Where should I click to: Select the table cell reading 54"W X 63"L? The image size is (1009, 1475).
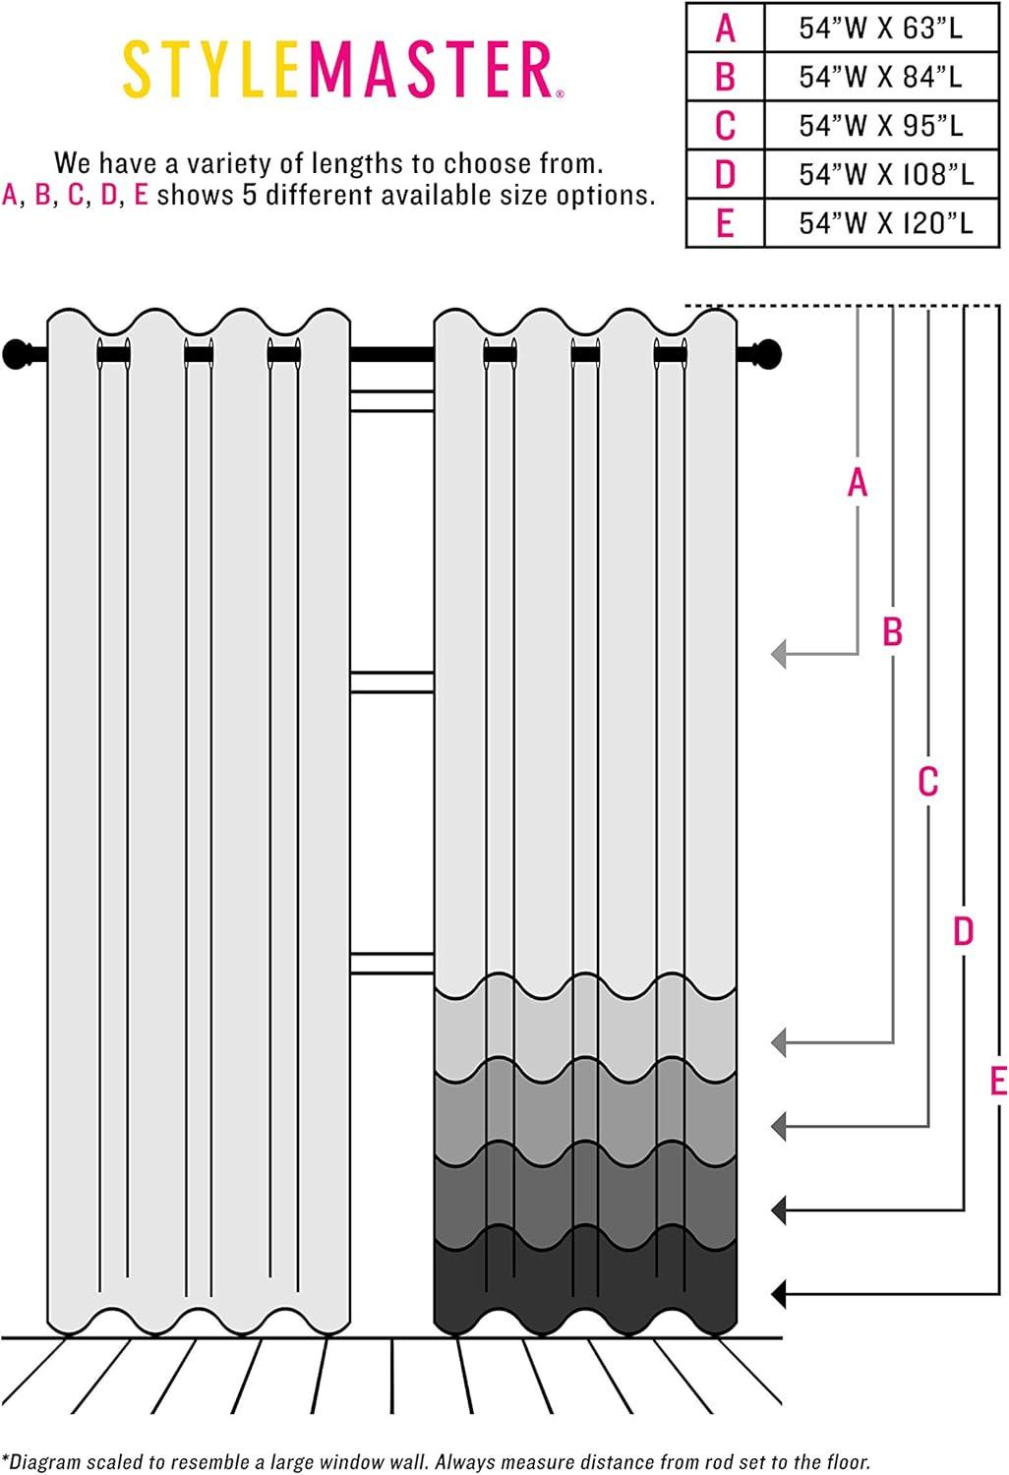point(880,28)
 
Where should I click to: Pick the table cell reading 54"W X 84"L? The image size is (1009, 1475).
point(880,77)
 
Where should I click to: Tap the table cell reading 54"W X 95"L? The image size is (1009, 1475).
point(880,126)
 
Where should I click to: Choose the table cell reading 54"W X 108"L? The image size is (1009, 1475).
point(885,174)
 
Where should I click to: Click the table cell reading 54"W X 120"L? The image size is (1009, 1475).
point(885,223)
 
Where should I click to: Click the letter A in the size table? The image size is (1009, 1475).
point(725,28)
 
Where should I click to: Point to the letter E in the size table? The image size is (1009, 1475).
point(725,223)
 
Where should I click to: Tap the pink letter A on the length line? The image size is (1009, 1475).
point(858,483)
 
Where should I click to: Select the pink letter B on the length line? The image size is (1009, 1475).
point(892,631)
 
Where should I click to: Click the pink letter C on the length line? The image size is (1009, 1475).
point(927,782)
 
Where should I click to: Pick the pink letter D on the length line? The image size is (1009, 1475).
point(963,930)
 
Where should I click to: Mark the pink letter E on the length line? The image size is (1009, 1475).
point(997,1081)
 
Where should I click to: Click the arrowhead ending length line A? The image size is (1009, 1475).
point(780,653)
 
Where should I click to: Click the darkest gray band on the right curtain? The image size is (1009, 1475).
point(585,1288)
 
